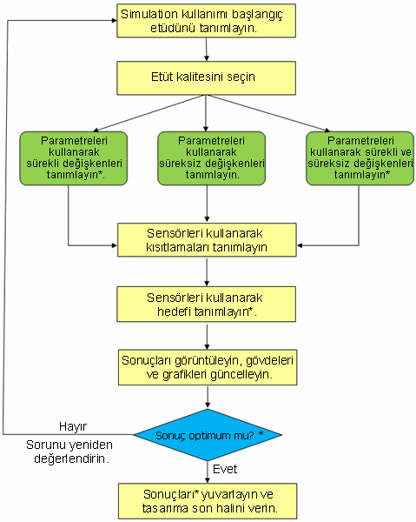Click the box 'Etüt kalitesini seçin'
point(206,78)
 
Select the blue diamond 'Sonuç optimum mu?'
point(208,435)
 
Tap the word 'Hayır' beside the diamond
point(73,426)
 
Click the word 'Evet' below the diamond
point(225,469)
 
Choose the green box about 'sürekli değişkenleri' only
point(74,158)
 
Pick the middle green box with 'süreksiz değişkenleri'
point(211,158)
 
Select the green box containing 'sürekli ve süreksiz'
point(360,158)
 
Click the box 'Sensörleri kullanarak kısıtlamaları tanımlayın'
point(207,240)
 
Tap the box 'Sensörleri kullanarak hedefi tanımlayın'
point(206,304)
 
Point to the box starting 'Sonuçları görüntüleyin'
point(208,367)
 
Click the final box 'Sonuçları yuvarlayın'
point(208,501)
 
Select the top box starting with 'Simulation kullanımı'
point(206,21)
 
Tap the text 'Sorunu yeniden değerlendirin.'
point(69,452)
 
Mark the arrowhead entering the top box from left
point(115,20)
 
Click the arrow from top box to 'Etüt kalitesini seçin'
point(207,50)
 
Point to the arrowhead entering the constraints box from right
point(300,245)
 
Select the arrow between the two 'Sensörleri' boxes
point(207,271)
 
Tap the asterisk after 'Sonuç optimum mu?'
point(261,433)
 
